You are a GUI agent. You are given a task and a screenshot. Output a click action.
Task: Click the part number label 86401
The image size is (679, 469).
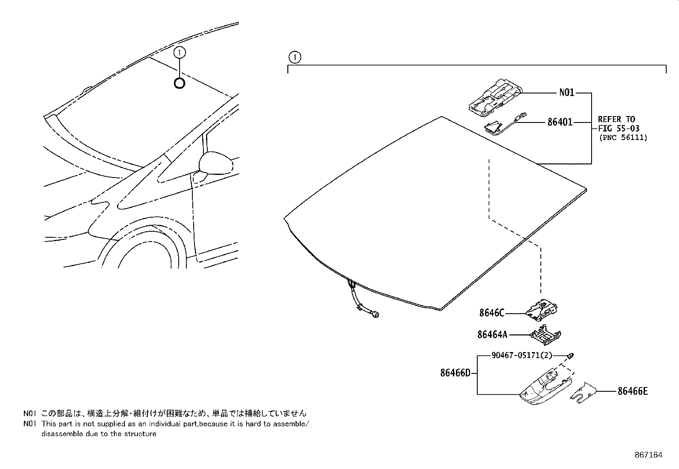[560, 122]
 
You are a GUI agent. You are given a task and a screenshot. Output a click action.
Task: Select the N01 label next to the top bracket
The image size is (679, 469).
[566, 93]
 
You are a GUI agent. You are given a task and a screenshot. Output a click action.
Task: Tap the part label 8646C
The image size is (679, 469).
[492, 313]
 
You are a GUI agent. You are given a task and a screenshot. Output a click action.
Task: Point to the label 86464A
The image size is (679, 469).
[493, 335]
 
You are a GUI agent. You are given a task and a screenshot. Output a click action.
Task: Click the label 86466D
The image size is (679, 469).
[455, 373]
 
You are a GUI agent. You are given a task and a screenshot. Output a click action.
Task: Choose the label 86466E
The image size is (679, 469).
[633, 391]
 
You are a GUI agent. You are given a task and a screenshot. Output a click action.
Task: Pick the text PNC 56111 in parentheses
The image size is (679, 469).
[623, 137]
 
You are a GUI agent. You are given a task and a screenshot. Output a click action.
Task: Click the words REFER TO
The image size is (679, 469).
[616, 119]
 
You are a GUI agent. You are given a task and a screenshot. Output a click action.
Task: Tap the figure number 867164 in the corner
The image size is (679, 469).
[648, 455]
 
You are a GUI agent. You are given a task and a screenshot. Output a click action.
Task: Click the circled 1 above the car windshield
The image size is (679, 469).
[180, 52]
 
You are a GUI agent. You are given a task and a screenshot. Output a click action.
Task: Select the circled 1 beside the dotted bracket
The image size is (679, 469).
[294, 57]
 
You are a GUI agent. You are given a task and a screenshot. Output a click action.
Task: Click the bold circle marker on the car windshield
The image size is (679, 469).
[180, 83]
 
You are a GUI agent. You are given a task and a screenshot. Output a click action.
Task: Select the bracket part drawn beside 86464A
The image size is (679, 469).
[546, 335]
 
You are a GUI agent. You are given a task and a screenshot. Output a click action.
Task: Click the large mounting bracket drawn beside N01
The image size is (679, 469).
[495, 97]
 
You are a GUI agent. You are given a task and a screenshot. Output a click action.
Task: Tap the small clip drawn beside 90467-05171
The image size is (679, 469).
[572, 355]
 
